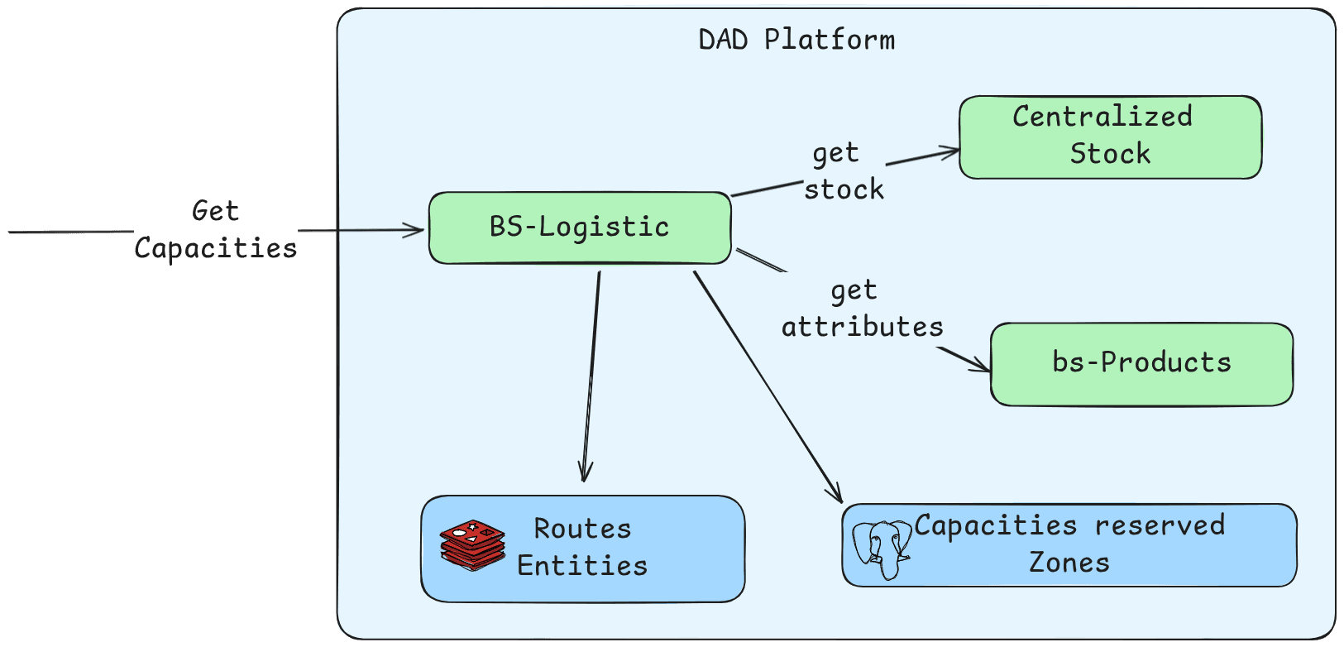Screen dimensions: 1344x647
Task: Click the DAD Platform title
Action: (796, 41)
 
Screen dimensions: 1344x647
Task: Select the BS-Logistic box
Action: (580, 228)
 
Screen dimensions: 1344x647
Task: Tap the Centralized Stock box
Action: (1110, 137)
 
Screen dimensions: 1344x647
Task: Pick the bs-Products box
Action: (1141, 364)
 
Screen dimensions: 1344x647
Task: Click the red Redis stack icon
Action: (473, 545)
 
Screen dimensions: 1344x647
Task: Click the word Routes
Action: (582, 529)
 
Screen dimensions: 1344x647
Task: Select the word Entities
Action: (582, 565)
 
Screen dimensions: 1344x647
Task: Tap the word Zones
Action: (1069, 563)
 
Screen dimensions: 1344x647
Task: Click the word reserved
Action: (1160, 525)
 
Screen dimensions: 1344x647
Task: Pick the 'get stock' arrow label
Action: (844, 171)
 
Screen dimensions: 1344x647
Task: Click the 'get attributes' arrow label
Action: (862, 309)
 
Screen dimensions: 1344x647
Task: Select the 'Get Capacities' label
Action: (215, 230)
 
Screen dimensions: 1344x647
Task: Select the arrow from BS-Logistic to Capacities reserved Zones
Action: (768, 387)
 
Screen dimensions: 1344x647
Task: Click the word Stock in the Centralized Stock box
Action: (1110, 154)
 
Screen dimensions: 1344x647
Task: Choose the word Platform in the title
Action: (830, 41)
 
